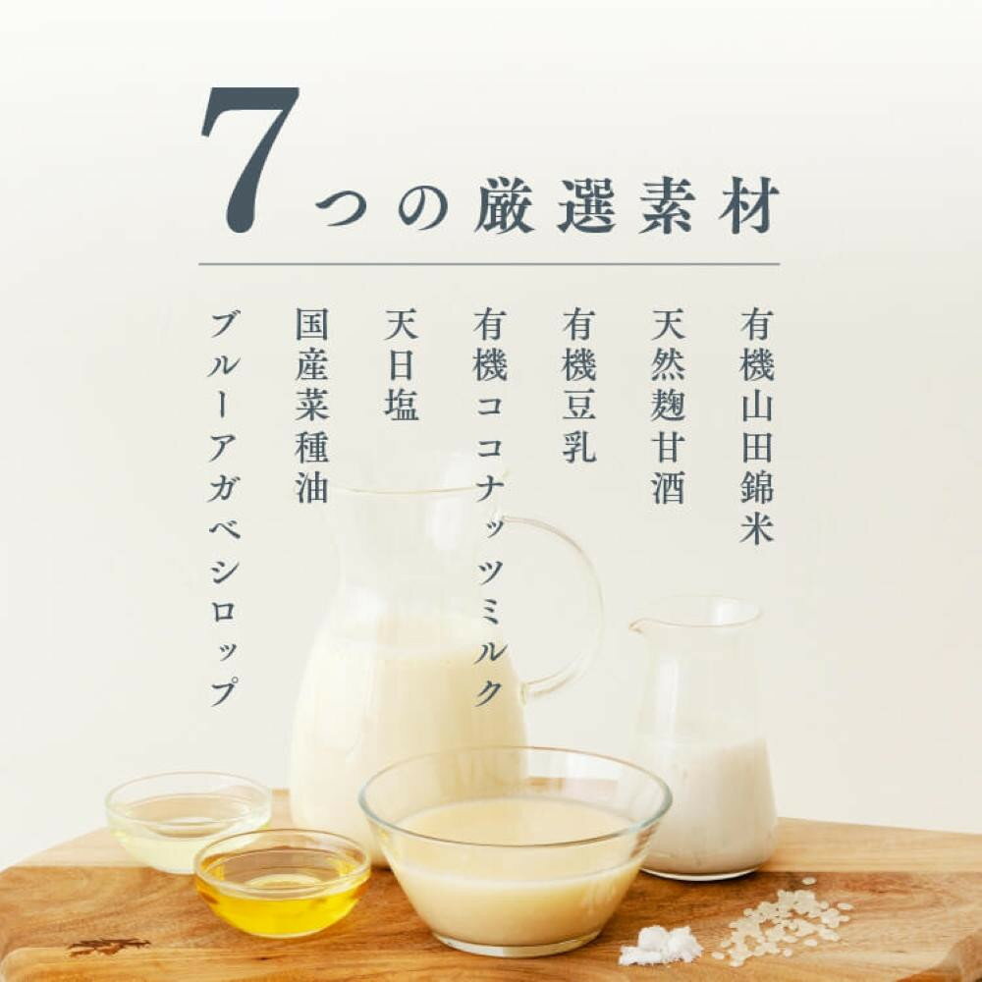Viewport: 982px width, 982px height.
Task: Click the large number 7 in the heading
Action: pyautogui.click(x=249, y=160)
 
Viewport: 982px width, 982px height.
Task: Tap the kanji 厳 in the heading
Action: pyautogui.click(x=504, y=206)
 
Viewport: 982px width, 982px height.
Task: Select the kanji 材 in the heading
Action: pyautogui.click(x=749, y=206)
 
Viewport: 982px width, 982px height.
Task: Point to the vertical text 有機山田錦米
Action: pyautogui.click(x=757, y=426)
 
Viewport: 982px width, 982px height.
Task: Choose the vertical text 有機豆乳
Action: pyautogui.click(x=578, y=385)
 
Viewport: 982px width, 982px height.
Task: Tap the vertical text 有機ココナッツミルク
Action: pyautogui.click(x=490, y=508)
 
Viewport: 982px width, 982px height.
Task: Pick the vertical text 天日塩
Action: pyautogui.click(x=401, y=364)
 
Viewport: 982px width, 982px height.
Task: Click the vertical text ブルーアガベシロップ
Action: pyautogui.click(x=224, y=509)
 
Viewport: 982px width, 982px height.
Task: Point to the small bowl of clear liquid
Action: pyautogui.click(x=188, y=820)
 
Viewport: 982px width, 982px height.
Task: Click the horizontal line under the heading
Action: pyautogui.click(x=489, y=264)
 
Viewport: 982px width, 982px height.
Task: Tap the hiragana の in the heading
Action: pyautogui.click(x=423, y=207)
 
